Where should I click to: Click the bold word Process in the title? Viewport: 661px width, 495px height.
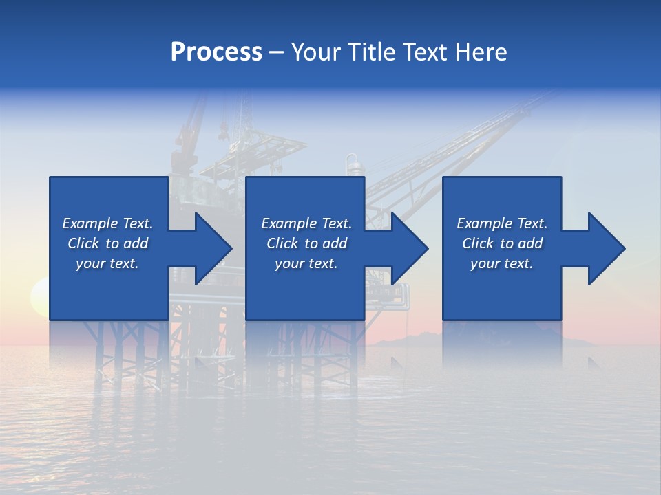216,52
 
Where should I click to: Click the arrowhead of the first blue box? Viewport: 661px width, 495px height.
210,248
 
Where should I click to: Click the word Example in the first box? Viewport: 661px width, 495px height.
90,223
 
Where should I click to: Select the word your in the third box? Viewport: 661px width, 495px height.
485,263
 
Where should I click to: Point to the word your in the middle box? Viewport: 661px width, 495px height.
289,263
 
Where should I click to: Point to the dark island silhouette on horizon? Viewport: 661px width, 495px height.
413,338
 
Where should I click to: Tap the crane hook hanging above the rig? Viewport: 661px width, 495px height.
224,128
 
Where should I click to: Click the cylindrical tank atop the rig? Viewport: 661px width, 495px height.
353,166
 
